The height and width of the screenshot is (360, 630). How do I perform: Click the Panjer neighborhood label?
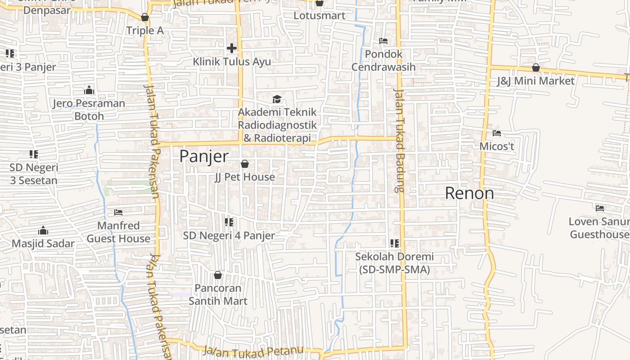pyautogui.click(x=204, y=156)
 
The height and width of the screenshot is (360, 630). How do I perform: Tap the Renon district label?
pyautogui.click(x=469, y=193)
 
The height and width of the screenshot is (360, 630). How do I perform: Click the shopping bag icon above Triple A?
pyautogui.click(x=145, y=17)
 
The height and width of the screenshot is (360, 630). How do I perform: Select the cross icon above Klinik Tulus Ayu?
pyautogui.click(x=232, y=48)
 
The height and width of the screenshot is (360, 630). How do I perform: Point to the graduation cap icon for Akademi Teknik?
pyautogui.click(x=277, y=99)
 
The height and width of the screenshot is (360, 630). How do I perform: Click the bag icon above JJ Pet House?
pyautogui.click(x=245, y=164)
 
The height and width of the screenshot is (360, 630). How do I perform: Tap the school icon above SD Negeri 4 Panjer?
pyautogui.click(x=229, y=222)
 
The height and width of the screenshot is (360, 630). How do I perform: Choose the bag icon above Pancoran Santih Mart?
pyautogui.click(x=218, y=274)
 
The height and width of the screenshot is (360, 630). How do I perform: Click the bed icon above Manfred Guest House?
pyautogui.click(x=118, y=212)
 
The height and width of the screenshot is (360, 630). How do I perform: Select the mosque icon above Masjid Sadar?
pyautogui.click(x=43, y=230)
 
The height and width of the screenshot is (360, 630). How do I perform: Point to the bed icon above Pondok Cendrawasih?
pyautogui.click(x=383, y=41)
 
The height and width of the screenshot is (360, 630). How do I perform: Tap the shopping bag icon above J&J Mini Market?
pyautogui.click(x=535, y=67)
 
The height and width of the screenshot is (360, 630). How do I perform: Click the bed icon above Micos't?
pyautogui.click(x=497, y=133)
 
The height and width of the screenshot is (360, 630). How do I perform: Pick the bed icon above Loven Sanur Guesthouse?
pyautogui.click(x=600, y=208)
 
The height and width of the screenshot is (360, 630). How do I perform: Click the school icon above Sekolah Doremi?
pyautogui.click(x=395, y=243)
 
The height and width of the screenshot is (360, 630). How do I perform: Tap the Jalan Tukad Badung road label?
pyautogui.click(x=399, y=140)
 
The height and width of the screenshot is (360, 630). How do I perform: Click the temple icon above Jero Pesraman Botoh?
pyautogui.click(x=89, y=90)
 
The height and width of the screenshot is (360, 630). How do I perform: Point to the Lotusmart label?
pyautogui.click(x=319, y=15)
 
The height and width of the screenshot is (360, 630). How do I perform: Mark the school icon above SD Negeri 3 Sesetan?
pyautogui.click(x=34, y=154)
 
